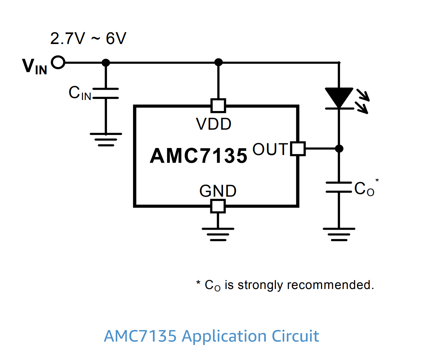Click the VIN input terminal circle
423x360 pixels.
58,62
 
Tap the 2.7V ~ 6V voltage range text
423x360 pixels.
88,38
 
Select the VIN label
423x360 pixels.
34,66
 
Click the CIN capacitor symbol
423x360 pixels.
106,94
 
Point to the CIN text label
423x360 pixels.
80,93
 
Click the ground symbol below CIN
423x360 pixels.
106,139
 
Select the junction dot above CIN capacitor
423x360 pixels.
106,62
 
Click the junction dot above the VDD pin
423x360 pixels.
218,62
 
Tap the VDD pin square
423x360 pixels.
218,106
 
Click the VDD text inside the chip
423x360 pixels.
214,124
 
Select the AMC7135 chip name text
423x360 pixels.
199,156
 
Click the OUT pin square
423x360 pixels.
298,149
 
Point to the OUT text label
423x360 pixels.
270,149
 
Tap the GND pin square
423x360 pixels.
218,206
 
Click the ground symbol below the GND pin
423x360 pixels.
218,234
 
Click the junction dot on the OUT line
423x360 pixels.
339,149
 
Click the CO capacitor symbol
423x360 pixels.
339,187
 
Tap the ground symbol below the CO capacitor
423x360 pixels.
339,234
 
